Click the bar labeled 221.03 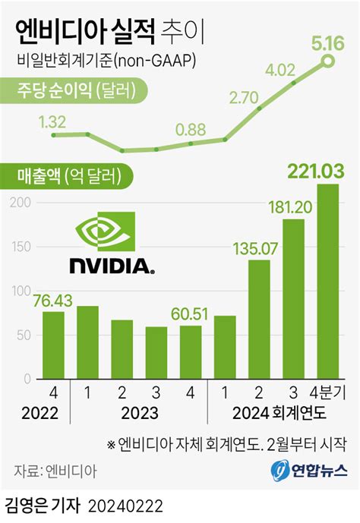pyautogui.click(x=327, y=281)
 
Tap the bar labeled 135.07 pyautogui.click(x=259, y=319)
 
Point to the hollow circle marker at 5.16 pyautogui.click(x=327, y=61)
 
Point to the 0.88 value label pyautogui.click(x=190, y=129)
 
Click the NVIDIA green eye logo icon pyautogui.click(x=106, y=234)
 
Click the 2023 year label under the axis pyautogui.click(x=138, y=414)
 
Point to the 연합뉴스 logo pyautogui.click(x=308, y=471)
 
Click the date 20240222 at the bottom pyautogui.click(x=125, y=506)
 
